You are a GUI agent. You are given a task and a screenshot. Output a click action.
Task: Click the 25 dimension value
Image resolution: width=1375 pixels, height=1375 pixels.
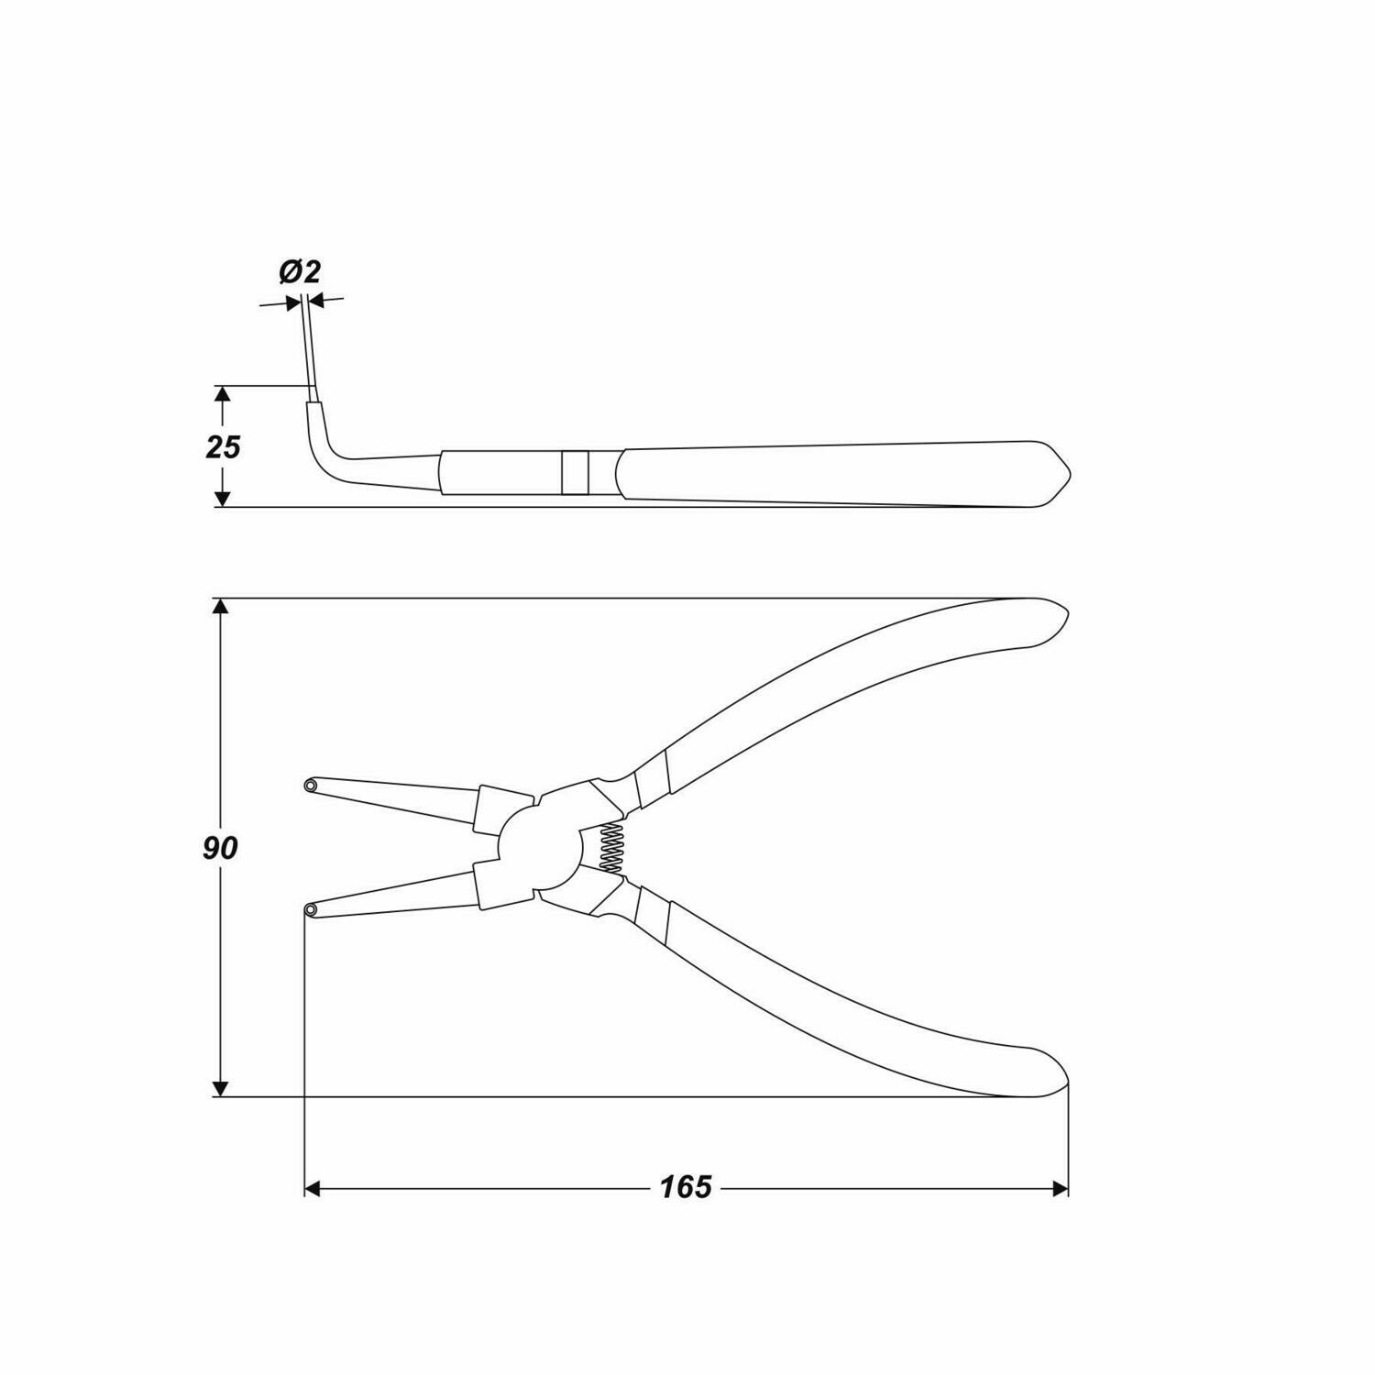coord(223,447)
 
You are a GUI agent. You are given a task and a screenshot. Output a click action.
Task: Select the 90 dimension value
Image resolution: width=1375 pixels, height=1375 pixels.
coord(220,848)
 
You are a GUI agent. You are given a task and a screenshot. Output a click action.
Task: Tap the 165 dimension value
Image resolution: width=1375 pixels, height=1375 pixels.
coord(686,1188)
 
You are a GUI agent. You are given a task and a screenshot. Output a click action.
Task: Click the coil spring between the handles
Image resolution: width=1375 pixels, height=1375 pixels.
coord(610,845)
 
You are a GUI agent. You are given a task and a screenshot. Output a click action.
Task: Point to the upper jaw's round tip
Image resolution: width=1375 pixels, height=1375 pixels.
coord(312,786)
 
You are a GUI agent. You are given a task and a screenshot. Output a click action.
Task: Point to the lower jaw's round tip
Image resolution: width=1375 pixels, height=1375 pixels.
coord(312,909)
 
